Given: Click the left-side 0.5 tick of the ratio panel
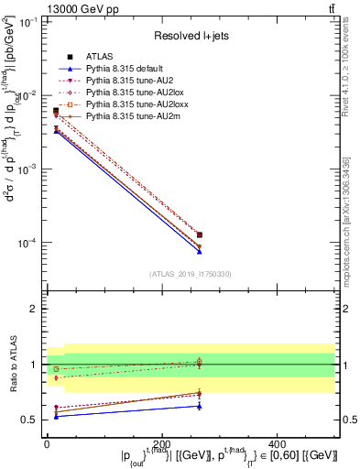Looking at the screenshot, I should [29, 420].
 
